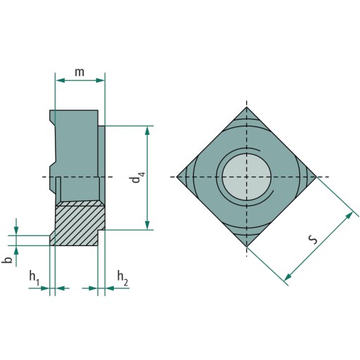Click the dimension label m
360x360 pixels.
click(x=79, y=72)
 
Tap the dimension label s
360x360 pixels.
click(x=313, y=239)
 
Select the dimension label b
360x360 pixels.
click(x=8, y=259)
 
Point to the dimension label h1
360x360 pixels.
click(x=34, y=278)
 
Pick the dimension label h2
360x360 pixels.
click(x=122, y=278)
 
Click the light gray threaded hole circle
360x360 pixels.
click(x=246, y=177)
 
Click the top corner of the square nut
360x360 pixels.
click(x=246, y=107)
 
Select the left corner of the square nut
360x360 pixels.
click(x=176, y=176)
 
